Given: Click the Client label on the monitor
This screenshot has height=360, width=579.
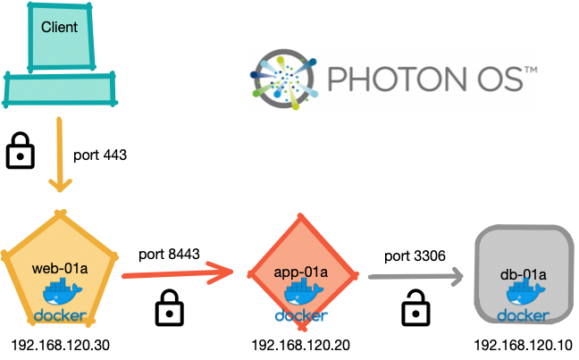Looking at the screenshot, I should (x=59, y=27).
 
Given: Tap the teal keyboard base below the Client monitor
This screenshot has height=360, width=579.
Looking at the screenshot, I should (x=60, y=89).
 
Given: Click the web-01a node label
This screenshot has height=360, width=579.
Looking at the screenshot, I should (x=58, y=267).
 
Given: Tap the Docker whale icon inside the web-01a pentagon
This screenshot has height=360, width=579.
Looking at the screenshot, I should (x=61, y=294).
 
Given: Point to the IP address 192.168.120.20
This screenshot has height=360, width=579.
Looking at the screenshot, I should (x=301, y=344).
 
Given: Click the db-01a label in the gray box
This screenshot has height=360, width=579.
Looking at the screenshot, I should (x=522, y=272).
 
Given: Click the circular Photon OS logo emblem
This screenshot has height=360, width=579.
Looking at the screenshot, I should (x=284, y=75).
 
